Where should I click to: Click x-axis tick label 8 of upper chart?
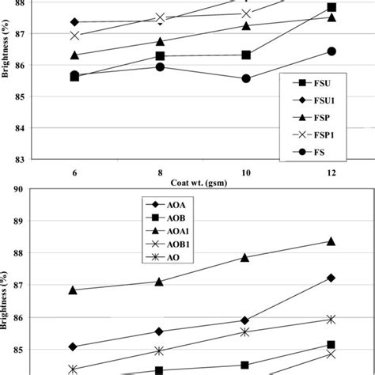point(160,173)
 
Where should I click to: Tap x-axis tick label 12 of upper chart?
point(331,173)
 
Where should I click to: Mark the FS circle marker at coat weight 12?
point(331,51)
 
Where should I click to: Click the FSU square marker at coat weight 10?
point(246,55)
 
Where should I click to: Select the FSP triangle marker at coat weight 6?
point(74,55)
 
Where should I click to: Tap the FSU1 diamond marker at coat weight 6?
point(74,22)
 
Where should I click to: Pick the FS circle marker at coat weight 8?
point(160,66)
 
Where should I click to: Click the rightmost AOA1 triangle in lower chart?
point(331,241)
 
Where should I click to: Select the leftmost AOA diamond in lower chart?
point(74,347)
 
